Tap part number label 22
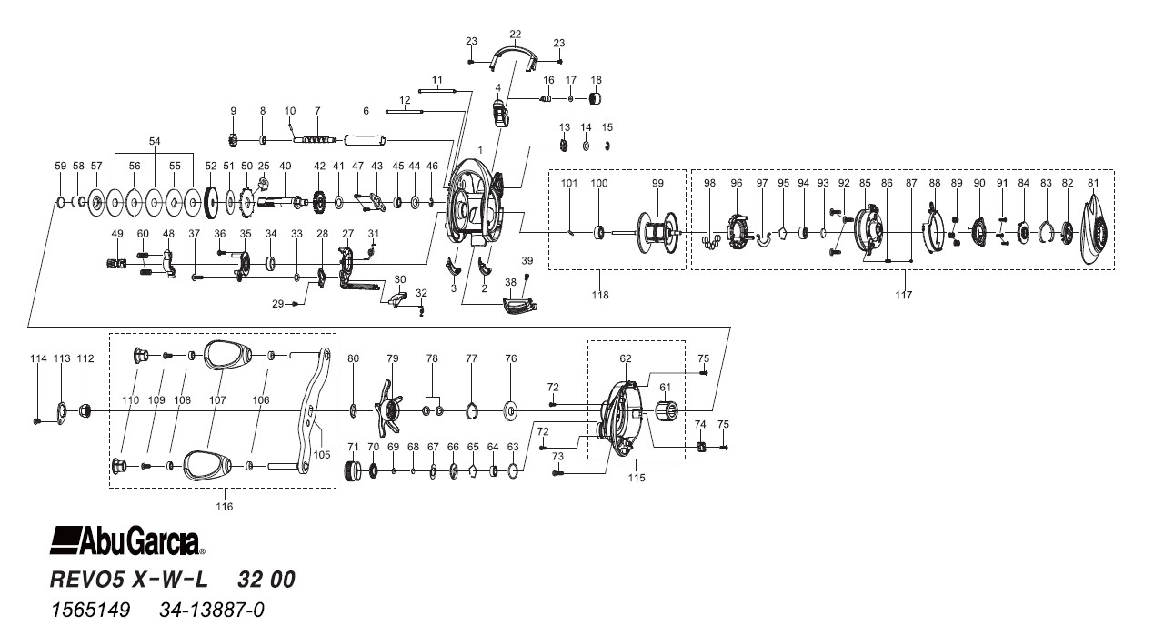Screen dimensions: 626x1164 [x=516, y=34]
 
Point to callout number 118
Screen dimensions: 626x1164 [x=599, y=295]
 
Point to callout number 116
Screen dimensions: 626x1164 [x=224, y=506]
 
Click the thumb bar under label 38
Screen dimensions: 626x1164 [x=518, y=306]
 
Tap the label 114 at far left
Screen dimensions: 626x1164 [x=37, y=358]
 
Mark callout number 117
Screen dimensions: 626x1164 [x=902, y=295]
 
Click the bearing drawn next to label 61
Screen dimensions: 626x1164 [x=668, y=414]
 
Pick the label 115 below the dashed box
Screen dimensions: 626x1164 [x=636, y=479]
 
